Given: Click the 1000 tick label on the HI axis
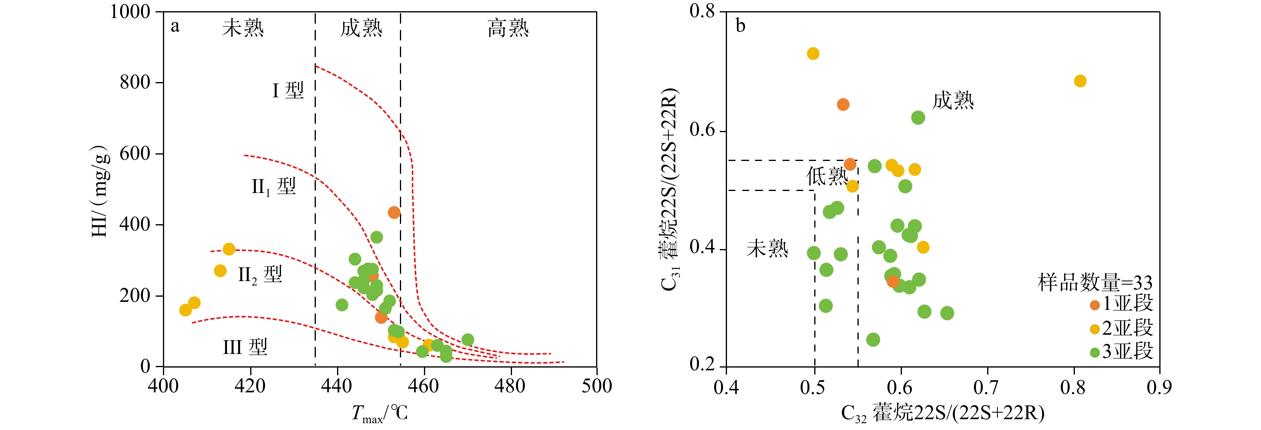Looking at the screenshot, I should (x=130, y=12).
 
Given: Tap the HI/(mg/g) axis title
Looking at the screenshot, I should (x=99, y=191).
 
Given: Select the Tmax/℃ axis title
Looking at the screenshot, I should (x=380, y=414).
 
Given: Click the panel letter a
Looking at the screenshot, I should (x=175, y=26).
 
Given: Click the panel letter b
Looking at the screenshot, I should (x=740, y=26).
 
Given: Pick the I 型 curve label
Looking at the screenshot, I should (x=288, y=90).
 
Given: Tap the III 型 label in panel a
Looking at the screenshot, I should (x=245, y=347).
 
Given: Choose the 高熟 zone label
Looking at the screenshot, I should (x=508, y=28).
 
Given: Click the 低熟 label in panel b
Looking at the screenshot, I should (x=827, y=176).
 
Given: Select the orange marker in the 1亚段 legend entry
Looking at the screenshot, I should (x=1095, y=305).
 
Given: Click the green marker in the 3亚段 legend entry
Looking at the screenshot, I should (x=1095, y=353).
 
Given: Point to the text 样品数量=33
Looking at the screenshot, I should (x=1095, y=283).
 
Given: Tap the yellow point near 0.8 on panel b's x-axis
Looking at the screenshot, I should (x=1080, y=81).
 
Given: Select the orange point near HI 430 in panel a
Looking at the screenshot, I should (x=394, y=213).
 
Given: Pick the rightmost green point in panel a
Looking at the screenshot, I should (x=468, y=340).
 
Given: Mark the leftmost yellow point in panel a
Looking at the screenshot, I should (x=185, y=310).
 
